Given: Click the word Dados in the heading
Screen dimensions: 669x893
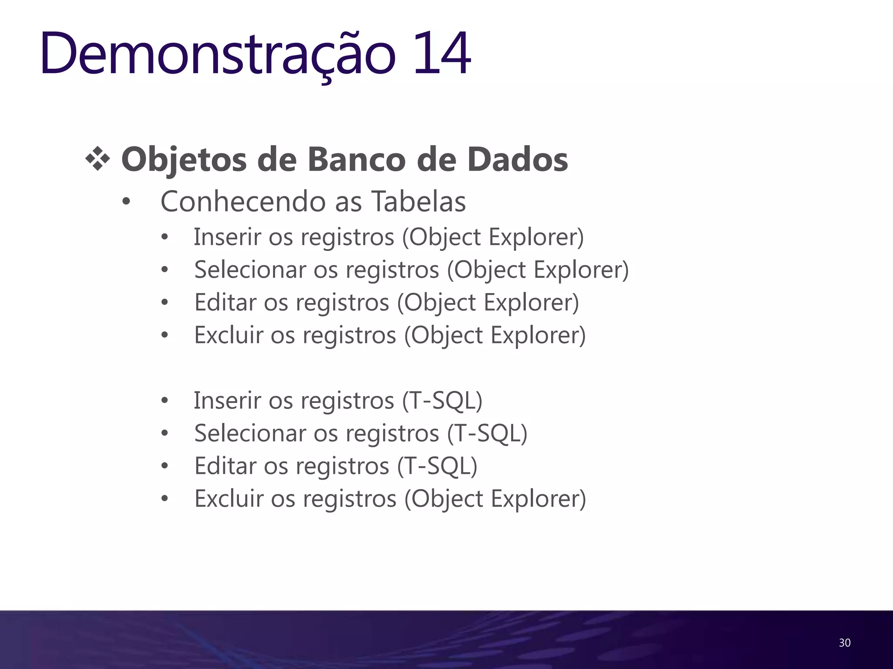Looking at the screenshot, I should tap(518, 159).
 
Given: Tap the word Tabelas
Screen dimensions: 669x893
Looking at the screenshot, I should tap(419, 202).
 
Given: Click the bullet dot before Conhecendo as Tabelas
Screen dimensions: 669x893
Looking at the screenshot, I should tap(126, 202).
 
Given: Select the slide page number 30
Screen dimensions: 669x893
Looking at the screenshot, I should tap(845, 643).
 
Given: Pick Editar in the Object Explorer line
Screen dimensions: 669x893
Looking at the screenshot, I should tap(225, 303).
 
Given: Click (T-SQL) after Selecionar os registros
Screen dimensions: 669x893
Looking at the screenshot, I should tap(487, 433).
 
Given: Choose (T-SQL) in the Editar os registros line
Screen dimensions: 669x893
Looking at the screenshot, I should tap(437, 466).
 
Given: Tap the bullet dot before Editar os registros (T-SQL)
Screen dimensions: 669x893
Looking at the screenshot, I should tap(164, 466).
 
